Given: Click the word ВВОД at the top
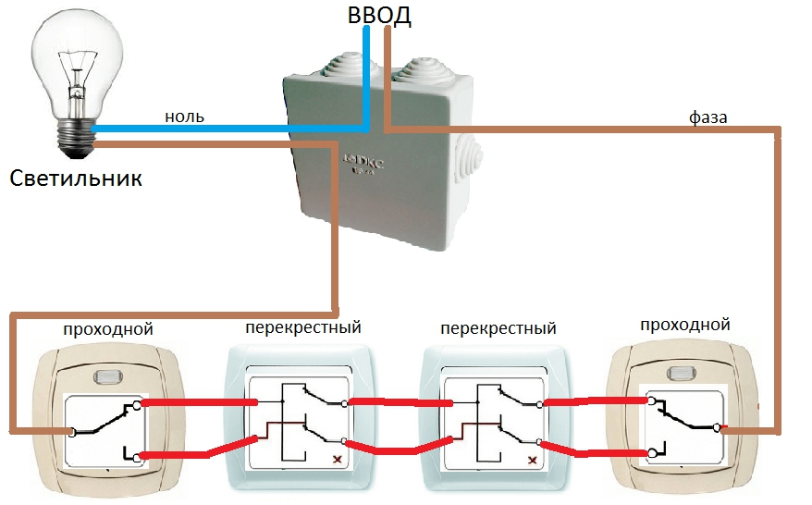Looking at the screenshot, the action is pyautogui.click(x=379, y=15).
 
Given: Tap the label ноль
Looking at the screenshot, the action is pyautogui.click(x=184, y=117).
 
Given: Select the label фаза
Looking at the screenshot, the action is pyautogui.click(x=707, y=117).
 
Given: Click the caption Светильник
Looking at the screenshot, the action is pyautogui.click(x=76, y=179).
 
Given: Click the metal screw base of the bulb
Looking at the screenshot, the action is pyautogui.click(x=77, y=139).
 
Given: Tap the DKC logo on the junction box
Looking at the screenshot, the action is pyautogui.click(x=364, y=162).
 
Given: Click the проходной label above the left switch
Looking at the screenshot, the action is pyautogui.click(x=107, y=329).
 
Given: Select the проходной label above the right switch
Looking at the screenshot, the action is pyautogui.click(x=684, y=325).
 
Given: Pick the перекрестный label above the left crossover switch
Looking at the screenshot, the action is pyautogui.click(x=303, y=327).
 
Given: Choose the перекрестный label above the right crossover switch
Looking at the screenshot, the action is pyautogui.click(x=498, y=328).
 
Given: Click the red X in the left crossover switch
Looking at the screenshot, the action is pyautogui.click(x=338, y=460).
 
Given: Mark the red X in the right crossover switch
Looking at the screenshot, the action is pyautogui.click(x=532, y=460).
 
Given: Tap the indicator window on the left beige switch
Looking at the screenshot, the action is pyautogui.click(x=108, y=376).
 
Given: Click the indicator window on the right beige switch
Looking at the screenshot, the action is pyautogui.click(x=683, y=373).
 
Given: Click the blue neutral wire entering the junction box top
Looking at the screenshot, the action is pyautogui.click(x=366, y=78).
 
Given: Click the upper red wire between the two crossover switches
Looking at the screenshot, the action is pyautogui.click(x=400, y=402).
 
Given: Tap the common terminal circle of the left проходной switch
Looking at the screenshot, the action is pyautogui.click(x=72, y=432).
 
